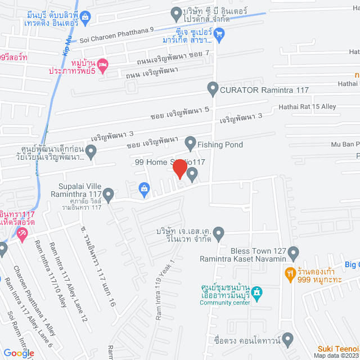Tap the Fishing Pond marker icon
pos(191,144)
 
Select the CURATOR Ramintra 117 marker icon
pos(213,88)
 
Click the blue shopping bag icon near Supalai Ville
pos(145,189)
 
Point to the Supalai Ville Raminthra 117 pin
pos(109,195)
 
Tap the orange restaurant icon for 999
pos(290,273)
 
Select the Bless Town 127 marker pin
pos(293,254)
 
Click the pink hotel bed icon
pos(102,66)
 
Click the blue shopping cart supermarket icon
pos(220,34)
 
